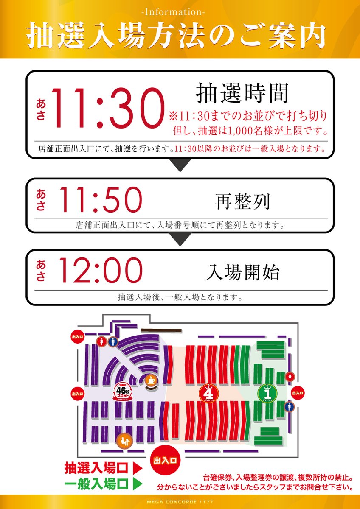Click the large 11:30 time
[107, 109]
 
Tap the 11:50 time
[100, 199]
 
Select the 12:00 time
[100, 271]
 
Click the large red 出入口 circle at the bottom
[166, 460]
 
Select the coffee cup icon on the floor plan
[151, 380]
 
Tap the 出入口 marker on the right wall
[297, 393]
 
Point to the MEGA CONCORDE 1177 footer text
[180, 503]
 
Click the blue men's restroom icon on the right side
[290, 406]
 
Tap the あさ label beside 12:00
[41, 271]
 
